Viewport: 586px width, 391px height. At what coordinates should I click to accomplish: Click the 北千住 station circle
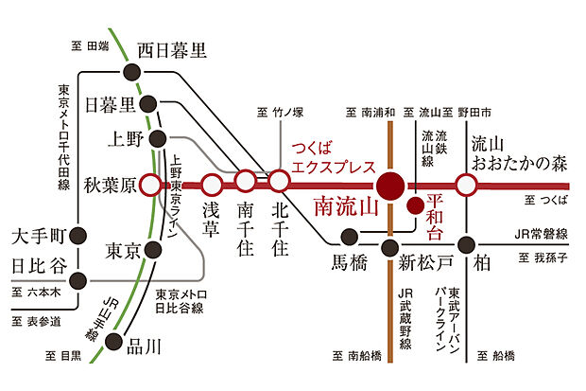pos(279,179)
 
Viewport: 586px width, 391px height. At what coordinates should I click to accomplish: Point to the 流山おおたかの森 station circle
pos(465,184)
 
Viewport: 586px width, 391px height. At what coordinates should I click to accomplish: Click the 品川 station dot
pos(115,342)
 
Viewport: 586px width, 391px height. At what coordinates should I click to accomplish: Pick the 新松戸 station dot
pos(388,248)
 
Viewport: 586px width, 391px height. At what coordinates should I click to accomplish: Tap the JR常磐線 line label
pos(542,234)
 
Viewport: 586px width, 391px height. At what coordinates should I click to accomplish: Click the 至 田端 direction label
pos(91,44)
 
